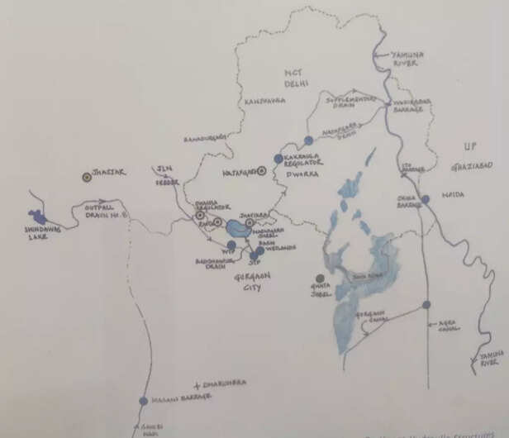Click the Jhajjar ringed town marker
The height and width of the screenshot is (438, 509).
tap(86, 176)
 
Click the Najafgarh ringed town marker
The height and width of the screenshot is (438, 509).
tap(261, 171)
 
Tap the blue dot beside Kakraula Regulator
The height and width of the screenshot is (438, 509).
tap(278, 158)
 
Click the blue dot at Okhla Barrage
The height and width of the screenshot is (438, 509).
tap(425, 199)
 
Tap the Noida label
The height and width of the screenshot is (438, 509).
tap(453, 194)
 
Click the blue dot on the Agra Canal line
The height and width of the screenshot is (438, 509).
tap(426, 305)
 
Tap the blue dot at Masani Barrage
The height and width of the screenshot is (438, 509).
tap(143, 401)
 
